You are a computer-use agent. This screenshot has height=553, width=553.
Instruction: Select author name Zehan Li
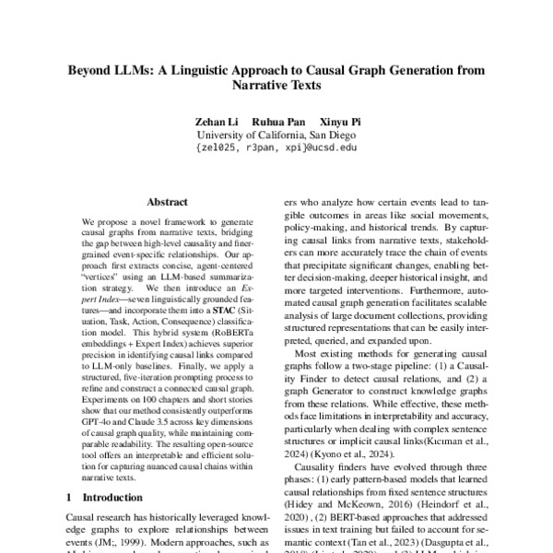pos(213,121)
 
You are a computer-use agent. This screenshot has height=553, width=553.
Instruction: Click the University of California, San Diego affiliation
pos(276,134)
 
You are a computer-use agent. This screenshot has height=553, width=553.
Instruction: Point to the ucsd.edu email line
pos(276,147)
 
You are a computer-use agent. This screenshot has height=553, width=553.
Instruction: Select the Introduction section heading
pos(121,498)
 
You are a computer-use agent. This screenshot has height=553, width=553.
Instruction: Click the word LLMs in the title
pos(141,70)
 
